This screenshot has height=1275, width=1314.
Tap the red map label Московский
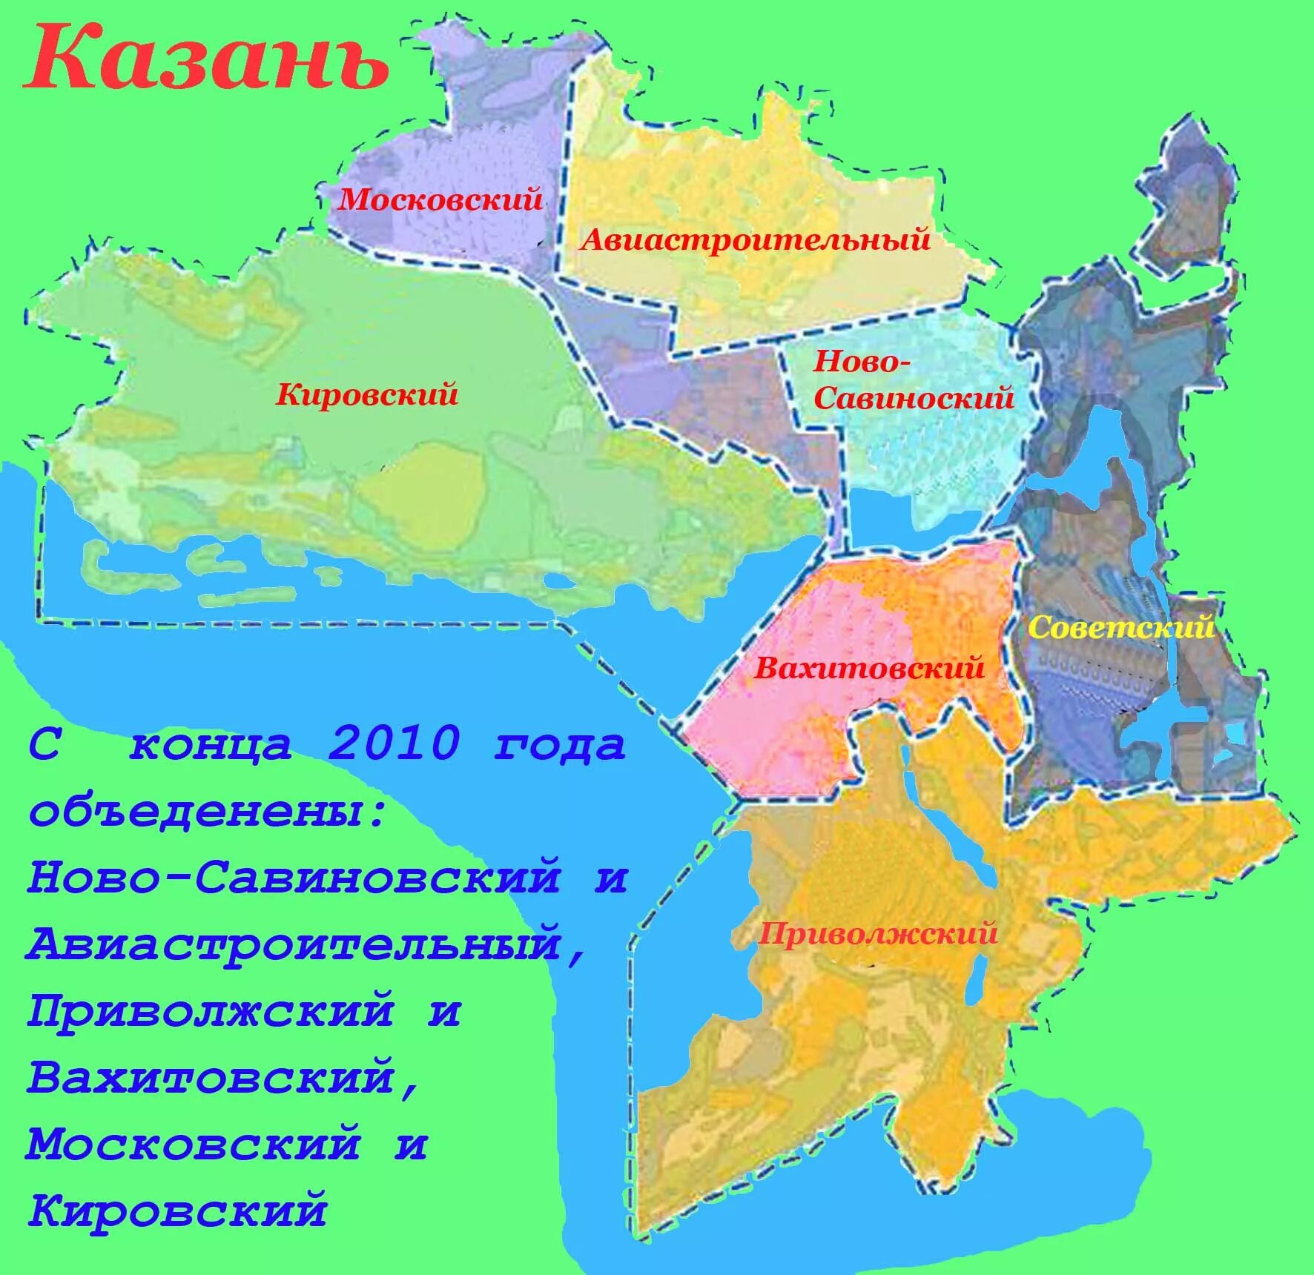[440, 199]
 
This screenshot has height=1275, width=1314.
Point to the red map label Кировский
[367, 394]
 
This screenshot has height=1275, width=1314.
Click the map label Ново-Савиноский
[913, 380]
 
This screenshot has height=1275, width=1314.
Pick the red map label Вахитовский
[869, 668]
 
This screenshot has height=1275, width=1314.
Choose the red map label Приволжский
[877, 933]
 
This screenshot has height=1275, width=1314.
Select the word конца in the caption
[211, 744]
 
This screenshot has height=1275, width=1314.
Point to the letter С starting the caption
[44, 744]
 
